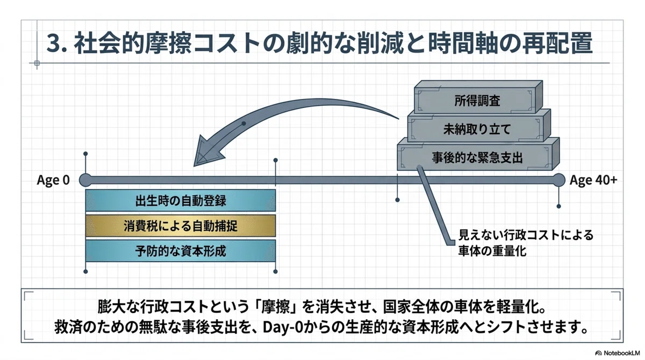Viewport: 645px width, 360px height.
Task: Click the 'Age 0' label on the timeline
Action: pos(53,180)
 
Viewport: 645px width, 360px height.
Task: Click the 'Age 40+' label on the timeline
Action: pos(593,180)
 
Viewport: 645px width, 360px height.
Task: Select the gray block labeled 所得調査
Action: pos(478,97)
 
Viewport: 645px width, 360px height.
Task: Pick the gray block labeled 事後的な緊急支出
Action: pos(478,154)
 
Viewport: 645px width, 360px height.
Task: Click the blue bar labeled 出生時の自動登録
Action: pos(181,200)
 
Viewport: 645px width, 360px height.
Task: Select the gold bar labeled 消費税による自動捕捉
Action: pos(181,226)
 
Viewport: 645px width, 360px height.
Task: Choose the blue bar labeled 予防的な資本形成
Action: pos(181,251)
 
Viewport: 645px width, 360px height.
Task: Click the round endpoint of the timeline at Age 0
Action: pos(85,180)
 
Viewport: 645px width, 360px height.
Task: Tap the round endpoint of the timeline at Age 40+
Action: pos(558,180)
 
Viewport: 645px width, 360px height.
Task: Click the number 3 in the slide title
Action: pos(53,44)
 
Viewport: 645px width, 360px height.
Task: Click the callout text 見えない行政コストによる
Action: pos(526,235)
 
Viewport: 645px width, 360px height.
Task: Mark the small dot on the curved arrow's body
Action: pos(243,124)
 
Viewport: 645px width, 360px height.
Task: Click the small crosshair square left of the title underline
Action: pos(37,63)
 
